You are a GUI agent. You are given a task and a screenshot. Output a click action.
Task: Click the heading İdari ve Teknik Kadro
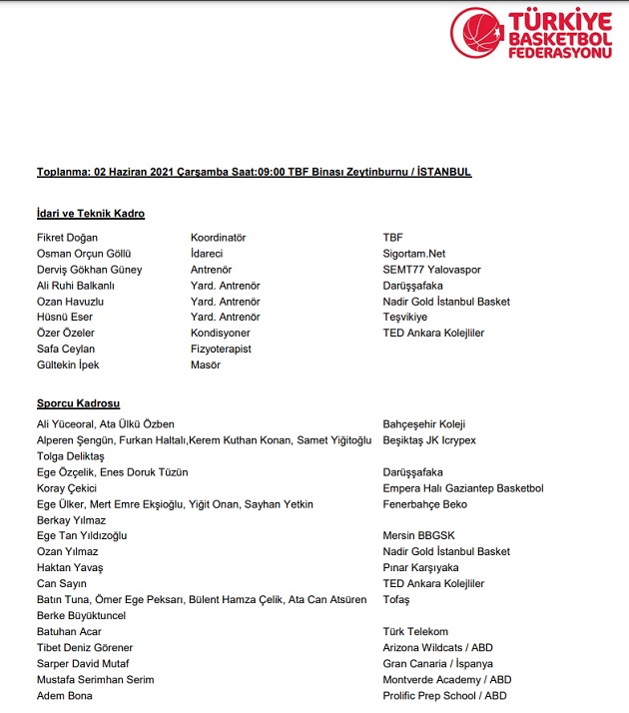90,214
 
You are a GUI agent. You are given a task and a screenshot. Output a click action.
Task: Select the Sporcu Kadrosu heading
78,403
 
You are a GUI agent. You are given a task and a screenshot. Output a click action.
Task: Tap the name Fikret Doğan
67,238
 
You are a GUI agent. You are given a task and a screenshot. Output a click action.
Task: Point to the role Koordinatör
218,238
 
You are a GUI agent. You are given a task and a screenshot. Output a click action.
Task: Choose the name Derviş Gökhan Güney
89,270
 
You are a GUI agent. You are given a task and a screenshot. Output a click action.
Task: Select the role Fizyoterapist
221,349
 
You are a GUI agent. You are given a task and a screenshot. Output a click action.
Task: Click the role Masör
206,364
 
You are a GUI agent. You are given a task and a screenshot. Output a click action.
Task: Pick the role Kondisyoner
221,333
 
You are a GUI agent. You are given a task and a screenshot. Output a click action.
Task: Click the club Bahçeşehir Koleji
424,424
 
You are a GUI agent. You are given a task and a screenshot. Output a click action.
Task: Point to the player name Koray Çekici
67,488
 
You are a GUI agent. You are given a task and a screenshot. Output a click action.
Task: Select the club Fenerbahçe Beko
424,504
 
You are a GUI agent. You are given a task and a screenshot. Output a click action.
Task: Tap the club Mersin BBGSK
418,536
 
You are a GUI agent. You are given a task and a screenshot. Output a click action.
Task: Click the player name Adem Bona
64,696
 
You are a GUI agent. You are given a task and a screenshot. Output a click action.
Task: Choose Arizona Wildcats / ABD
437,648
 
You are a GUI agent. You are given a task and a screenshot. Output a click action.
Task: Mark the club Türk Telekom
414,632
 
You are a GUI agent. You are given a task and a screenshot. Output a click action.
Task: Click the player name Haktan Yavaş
70,568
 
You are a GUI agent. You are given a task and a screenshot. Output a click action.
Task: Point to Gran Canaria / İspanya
436,664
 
